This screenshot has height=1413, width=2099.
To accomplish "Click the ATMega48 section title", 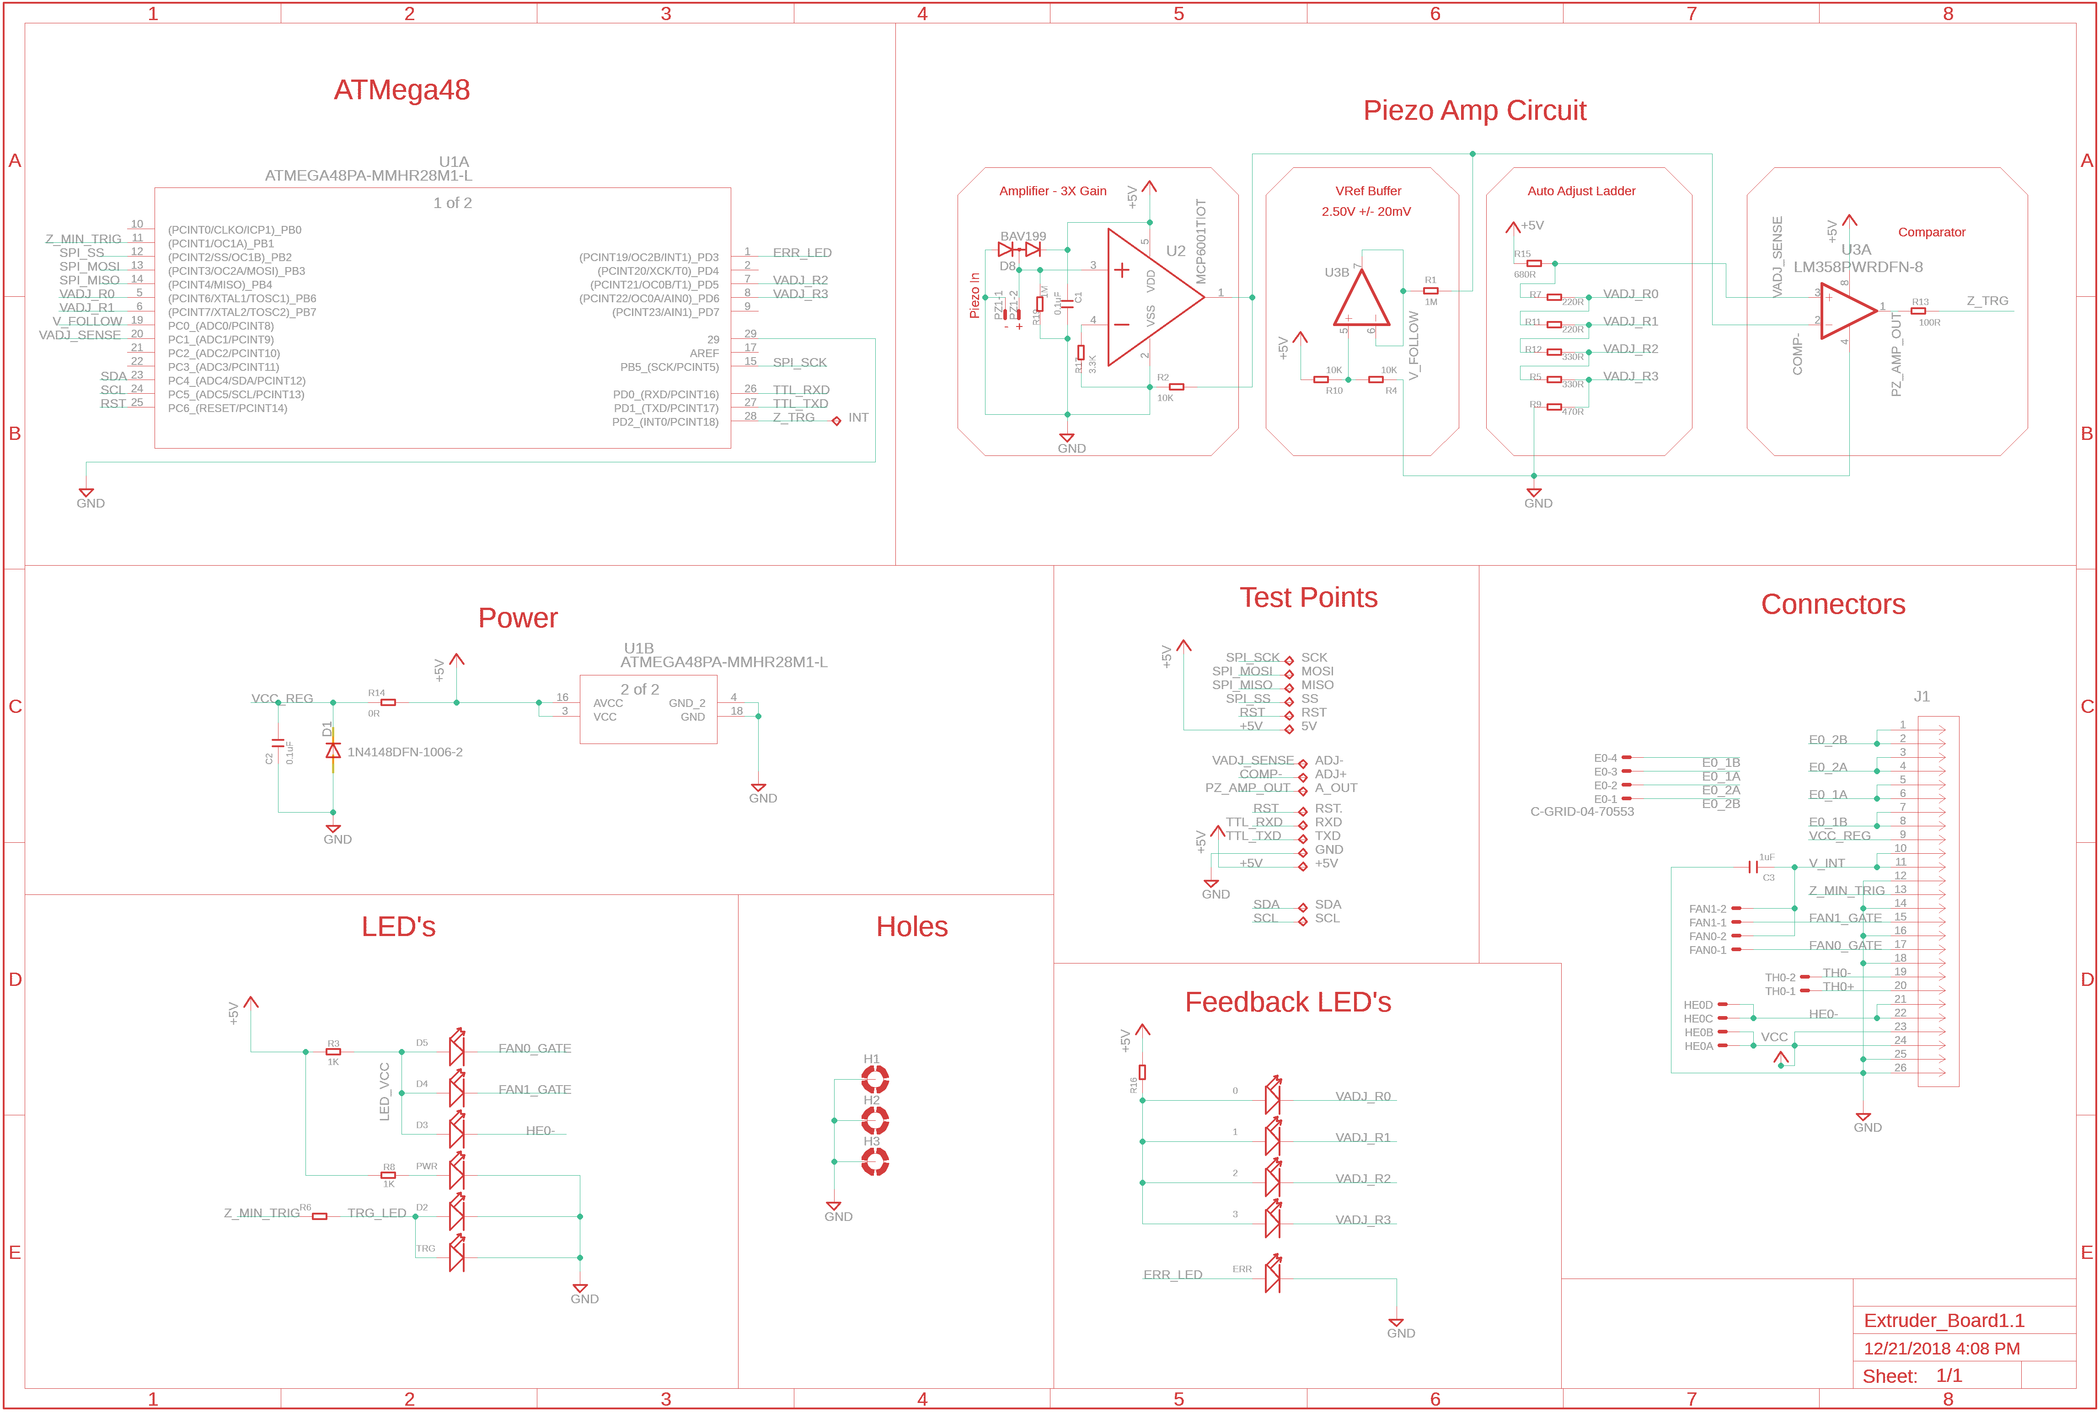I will pyautogui.click(x=402, y=90).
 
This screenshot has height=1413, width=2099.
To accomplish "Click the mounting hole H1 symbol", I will pyautogui.click(x=874, y=1079).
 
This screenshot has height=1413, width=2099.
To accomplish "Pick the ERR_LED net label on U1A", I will pyautogui.click(x=801, y=253).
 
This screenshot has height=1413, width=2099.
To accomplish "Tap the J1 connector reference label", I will pyautogui.click(x=1922, y=696).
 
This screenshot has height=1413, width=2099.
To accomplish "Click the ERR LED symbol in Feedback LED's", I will pyautogui.click(x=1272, y=1274).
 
